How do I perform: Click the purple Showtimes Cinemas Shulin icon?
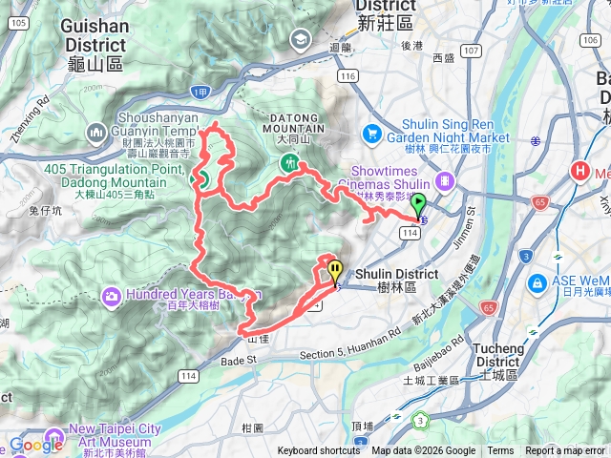pyautogui.click(x=444, y=181)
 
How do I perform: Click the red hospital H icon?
pyautogui.click(x=579, y=172)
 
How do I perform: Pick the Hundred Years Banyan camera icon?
pyautogui.click(x=112, y=297)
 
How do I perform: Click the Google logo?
pyautogui.click(x=35, y=444)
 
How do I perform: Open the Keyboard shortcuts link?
pyautogui.click(x=319, y=451)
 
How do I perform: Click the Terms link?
pyautogui.click(x=500, y=451)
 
